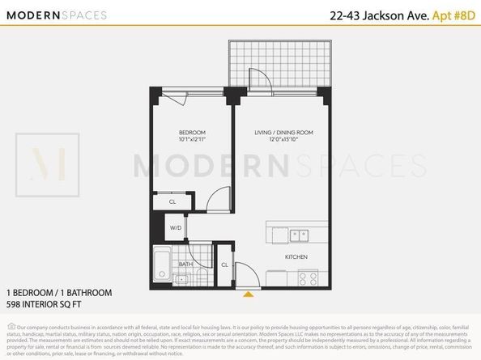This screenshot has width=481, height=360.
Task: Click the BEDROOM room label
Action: [192, 132]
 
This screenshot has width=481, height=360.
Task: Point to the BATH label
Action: [186, 264]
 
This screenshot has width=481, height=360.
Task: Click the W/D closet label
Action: [176, 228]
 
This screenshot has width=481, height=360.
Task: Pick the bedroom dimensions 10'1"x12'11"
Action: [192, 140]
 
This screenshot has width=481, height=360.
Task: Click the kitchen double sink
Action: [289, 235]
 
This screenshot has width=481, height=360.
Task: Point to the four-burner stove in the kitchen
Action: [308, 277]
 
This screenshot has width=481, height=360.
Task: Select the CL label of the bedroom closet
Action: [172, 201]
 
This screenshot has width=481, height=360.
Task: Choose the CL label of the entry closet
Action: [223, 264]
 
